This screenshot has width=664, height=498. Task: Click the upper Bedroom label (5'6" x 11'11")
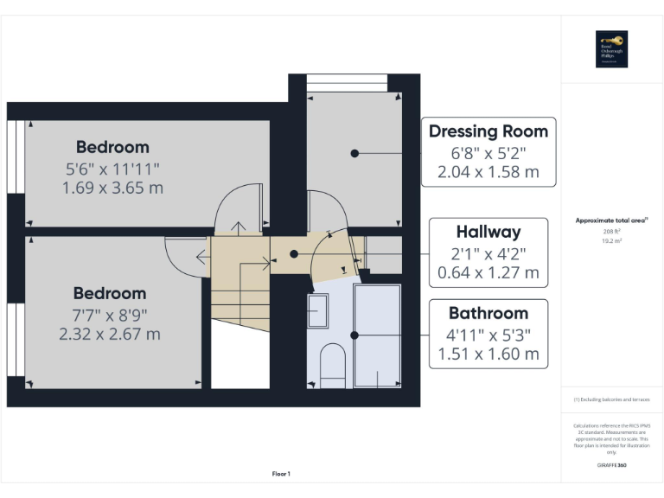[112, 147]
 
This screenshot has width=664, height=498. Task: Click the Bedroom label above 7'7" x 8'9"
[110, 293]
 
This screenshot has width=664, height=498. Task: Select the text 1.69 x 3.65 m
[112, 187]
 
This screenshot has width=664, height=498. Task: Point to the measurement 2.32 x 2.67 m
[110, 334]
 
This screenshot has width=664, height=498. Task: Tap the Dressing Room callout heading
[488, 131]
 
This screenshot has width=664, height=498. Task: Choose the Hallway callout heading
[488, 232]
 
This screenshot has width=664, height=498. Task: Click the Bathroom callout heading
[488, 313]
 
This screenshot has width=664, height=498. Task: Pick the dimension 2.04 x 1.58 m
[488, 172]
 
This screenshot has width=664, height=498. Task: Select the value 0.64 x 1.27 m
[488, 272]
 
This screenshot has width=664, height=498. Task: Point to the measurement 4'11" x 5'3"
[488, 334]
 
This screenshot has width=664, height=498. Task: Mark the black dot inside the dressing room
[354, 153]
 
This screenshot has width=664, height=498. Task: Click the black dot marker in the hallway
[294, 254]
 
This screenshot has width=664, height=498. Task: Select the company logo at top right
[611, 49]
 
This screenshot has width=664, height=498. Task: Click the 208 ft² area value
[611, 232]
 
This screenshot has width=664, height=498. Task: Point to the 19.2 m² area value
[611, 241]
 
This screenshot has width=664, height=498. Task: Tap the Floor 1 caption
[281, 474]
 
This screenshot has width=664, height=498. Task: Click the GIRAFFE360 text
[611, 466]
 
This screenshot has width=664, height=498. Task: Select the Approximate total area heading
[611, 220]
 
